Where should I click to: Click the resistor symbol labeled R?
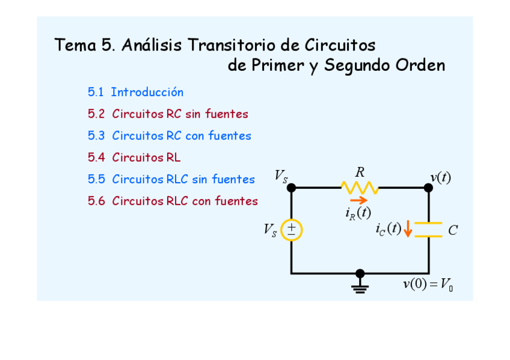click(360, 188)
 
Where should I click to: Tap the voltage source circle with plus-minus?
click(292, 230)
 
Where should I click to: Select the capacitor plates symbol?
click(428, 230)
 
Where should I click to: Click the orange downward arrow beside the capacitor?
click(408, 229)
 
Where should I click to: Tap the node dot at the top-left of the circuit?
click(292, 188)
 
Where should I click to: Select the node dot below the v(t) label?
click(428, 188)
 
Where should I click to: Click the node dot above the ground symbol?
click(360, 273)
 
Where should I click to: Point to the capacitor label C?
click(453, 230)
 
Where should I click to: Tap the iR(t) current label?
click(358, 213)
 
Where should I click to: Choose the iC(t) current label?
click(388, 229)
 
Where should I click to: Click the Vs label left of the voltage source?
click(270, 230)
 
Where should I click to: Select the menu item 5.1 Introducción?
click(135, 93)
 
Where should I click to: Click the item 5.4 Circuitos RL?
click(134, 157)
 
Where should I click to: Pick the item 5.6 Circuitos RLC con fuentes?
click(173, 201)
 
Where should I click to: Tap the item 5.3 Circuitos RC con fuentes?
click(170, 136)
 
